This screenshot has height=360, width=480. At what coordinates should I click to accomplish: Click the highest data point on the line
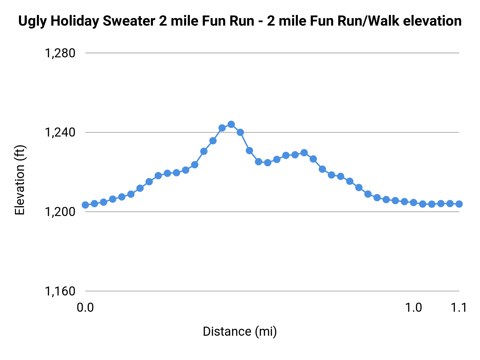pyautogui.click(x=231, y=124)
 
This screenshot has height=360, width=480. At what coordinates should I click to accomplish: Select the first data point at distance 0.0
pyautogui.click(x=85, y=205)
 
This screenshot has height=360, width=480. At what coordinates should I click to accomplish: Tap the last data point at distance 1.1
pyautogui.click(x=459, y=204)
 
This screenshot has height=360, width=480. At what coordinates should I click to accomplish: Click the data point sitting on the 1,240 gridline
pyautogui.click(x=240, y=132)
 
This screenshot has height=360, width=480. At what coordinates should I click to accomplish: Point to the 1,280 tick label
pyautogui.click(x=60, y=53)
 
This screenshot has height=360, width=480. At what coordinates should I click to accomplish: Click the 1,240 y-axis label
pyautogui.click(x=60, y=133)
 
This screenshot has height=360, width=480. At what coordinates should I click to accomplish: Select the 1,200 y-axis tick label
pyautogui.click(x=60, y=212)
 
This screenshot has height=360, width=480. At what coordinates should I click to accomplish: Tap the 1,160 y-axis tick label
pyautogui.click(x=60, y=291)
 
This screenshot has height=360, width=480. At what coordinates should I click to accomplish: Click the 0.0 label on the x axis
pyautogui.click(x=85, y=307)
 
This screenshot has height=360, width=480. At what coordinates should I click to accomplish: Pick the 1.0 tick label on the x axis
pyautogui.click(x=414, y=307)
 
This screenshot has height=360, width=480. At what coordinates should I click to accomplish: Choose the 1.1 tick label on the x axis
pyautogui.click(x=459, y=307)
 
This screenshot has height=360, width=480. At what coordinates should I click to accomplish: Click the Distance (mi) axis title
pyautogui.click(x=240, y=331)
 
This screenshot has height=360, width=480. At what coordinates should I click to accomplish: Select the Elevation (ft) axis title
pyautogui.click(x=20, y=180)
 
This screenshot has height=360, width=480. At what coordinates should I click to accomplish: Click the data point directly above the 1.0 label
pyautogui.click(x=413, y=202)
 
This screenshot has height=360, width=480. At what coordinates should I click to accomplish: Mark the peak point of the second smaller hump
pyautogui.click(x=304, y=153)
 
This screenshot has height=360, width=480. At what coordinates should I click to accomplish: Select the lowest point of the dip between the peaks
pyautogui.click(x=267, y=162)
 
